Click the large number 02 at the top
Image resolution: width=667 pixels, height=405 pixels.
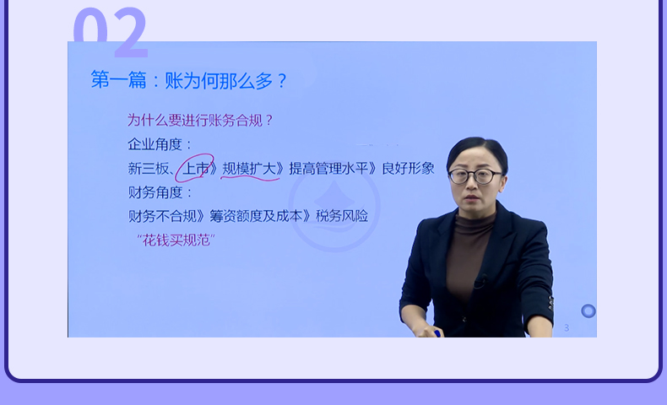pos(111,32)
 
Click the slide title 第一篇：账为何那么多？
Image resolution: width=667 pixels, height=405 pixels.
pos(189,80)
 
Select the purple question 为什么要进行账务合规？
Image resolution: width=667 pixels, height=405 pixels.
pos(200,121)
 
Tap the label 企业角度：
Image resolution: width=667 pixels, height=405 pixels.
pos(160,144)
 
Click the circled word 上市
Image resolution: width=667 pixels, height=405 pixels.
pos(196,169)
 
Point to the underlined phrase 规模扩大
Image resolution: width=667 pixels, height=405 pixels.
pos(249,169)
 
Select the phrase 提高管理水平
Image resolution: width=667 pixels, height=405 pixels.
pos(328,169)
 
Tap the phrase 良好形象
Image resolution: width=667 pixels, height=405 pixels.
pos(408,168)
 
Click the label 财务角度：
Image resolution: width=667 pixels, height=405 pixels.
pos(160,192)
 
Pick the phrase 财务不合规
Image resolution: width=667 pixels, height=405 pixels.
pos(162,216)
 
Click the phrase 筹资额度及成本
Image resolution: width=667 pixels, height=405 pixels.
pos(256,216)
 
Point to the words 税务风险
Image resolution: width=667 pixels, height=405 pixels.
pos(342,216)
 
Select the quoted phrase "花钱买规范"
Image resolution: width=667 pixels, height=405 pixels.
pos(176,240)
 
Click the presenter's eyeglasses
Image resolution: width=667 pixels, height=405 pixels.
pos(474,176)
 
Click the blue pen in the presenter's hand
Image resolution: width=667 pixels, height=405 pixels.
pos(437,333)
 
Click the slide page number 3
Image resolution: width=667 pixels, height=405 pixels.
pos(567,327)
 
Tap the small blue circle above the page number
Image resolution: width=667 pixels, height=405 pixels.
pos(588,311)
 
